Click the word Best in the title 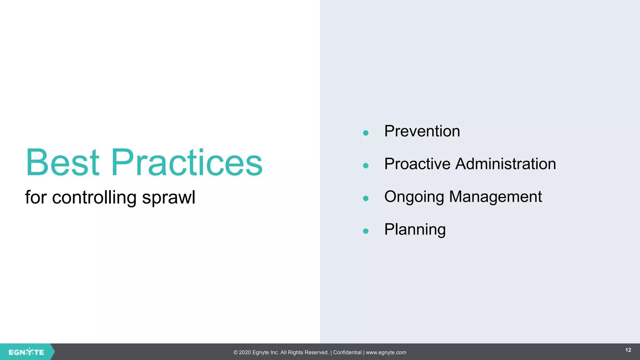click(x=62, y=162)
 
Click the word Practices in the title click(x=187, y=162)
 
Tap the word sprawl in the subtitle click(x=168, y=198)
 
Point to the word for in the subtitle click(x=36, y=197)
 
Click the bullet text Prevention click(x=422, y=131)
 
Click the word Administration click(x=505, y=164)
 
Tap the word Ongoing click(x=414, y=197)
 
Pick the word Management click(x=495, y=197)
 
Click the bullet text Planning click(x=415, y=230)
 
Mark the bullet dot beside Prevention click(x=366, y=133)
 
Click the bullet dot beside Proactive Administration click(x=366, y=166)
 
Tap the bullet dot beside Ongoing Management click(x=366, y=198)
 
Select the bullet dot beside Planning click(x=366, y=231)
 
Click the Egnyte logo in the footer click(x=26, y=352)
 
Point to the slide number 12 click(x=628, y=350)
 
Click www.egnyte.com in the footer click(x=386, y=352)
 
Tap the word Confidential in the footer click(x=347, y=352)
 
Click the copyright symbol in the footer click(x=236, y=352)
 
